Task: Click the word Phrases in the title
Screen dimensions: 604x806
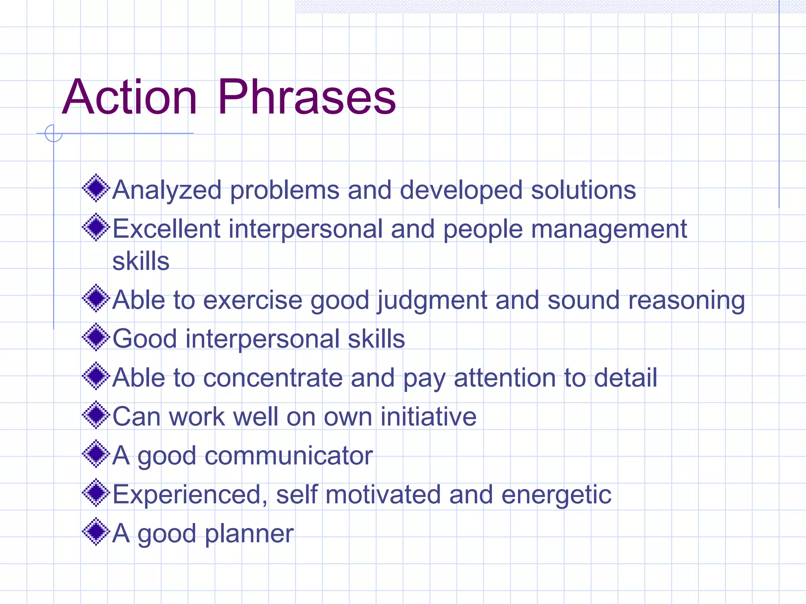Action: click(307, 97)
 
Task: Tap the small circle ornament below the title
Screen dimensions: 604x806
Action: click(54, 133)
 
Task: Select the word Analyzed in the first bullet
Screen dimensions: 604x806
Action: click(167, 190)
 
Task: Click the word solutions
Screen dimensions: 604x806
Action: click(583, 190)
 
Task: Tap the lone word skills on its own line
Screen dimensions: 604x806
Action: click(140, 261)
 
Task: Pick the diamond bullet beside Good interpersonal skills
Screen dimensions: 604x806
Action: click(96, 337)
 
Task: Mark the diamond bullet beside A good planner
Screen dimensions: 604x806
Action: click(96, 532)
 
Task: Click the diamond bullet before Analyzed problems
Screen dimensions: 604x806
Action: click(96, 188)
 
